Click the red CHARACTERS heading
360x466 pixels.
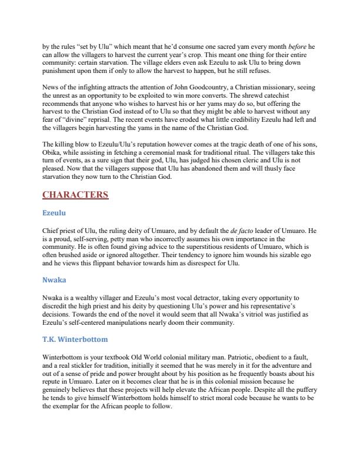coord(75,195)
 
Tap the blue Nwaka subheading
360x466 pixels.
coord(54,281)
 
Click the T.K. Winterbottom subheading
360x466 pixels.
coord(75,340)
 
